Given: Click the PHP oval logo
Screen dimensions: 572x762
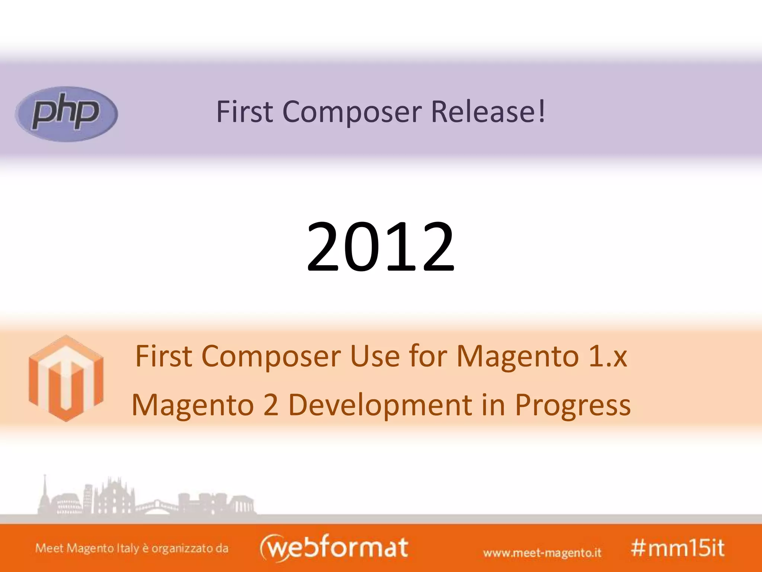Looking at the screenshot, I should [x=66, y=114].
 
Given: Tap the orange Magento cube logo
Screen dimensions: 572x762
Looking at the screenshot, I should [x=66, y=378].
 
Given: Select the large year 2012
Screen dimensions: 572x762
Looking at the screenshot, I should [x=380, y=247].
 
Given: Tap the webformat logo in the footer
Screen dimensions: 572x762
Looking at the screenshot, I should [x=334, y=547].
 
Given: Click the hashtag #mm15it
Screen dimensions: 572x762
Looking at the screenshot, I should [x=677, y=548].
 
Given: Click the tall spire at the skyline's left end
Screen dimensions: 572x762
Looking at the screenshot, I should [x=45, y=492].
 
